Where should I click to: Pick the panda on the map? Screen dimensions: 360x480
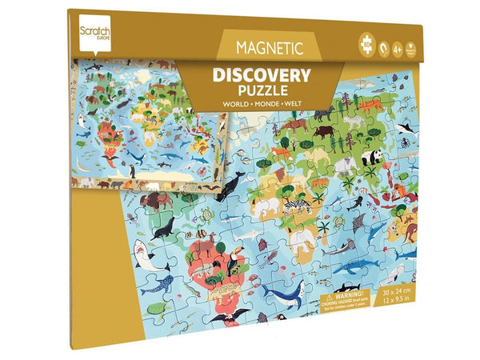[x=372, y=158]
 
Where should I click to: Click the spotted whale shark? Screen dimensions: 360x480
[x=158, y=283]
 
